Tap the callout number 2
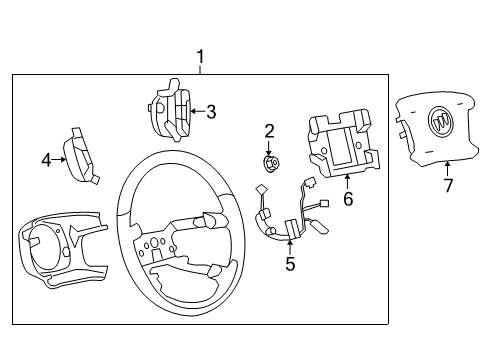[x=269, y=131]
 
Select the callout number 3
[x=211, y=112]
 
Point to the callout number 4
[x=46, y=158]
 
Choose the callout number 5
[x=290, y=265]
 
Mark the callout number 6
[x=348, y=199]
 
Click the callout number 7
[x=448, y=186]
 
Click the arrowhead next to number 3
[x=192, y=112]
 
